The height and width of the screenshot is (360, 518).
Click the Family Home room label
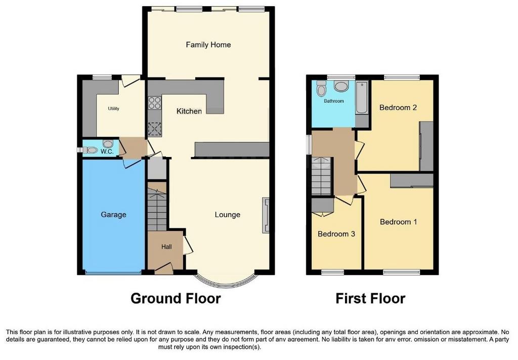click(208, 45)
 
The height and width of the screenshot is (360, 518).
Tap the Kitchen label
click(189, 111)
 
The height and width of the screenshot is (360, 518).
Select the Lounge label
click(227, 215)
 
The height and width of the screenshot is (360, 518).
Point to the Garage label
click(113, 215)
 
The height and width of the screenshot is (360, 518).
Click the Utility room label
click(113, 108)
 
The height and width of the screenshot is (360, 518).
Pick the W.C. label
click(107, 152)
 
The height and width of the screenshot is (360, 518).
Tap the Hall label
click(166, 247)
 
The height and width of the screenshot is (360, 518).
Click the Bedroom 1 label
click(398, 222)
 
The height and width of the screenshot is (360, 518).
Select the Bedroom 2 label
click(398, 107)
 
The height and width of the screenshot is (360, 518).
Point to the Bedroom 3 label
click(336, 234)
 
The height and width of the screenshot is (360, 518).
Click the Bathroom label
click(334, 101)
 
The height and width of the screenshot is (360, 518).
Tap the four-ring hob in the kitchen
click(155, 102)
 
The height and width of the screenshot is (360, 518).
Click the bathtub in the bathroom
click(362, 97)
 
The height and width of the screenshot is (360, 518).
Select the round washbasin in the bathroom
click(341, 87)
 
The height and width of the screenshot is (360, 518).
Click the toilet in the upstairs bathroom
click(321, 88)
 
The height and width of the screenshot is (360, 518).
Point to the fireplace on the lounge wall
click(266, 216)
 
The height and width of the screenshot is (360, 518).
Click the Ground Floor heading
click(176, 298)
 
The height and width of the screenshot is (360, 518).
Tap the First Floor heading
click(370, 298)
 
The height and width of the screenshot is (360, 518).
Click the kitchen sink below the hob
click(155, 129)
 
